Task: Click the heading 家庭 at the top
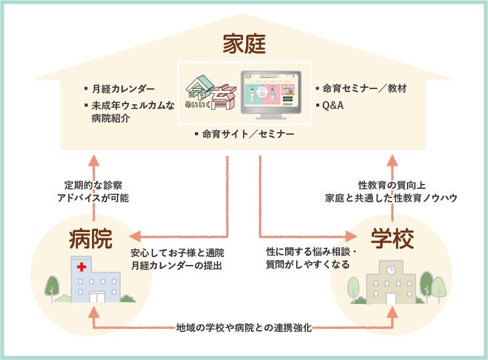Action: [244, 44]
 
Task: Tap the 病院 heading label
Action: [91, 238]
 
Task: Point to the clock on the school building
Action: [391, 269]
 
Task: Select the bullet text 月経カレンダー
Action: [122, 89]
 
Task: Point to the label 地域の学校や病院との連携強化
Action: [244, 328]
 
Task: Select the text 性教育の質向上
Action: [390, 184]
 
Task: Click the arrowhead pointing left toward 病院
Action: [135, 235]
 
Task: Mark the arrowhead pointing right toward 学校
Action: [352, 235]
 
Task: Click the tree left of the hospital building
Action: [52, 286]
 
